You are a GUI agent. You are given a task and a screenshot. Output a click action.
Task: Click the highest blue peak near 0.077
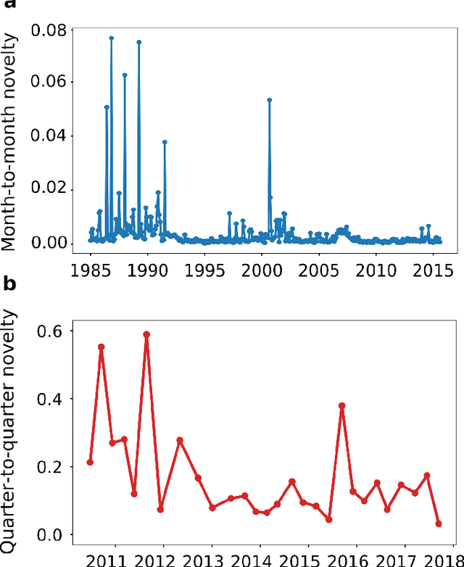tap(111, 38)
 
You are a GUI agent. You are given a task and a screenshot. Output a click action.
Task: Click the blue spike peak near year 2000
tap(269, 100)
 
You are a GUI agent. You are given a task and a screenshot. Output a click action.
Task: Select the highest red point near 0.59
tap(146, 334)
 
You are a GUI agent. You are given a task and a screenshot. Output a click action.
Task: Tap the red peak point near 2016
tap(341, 406)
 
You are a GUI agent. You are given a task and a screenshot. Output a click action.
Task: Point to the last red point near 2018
tap(439, 523)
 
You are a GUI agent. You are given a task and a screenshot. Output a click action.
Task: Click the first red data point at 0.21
tap(90, 462)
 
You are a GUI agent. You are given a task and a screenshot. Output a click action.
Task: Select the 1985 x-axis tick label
tap(91, 270)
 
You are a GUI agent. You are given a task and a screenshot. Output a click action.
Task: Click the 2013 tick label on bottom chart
tap(212, 560)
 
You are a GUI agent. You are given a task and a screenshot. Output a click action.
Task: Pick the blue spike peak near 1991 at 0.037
tap(165, 142)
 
